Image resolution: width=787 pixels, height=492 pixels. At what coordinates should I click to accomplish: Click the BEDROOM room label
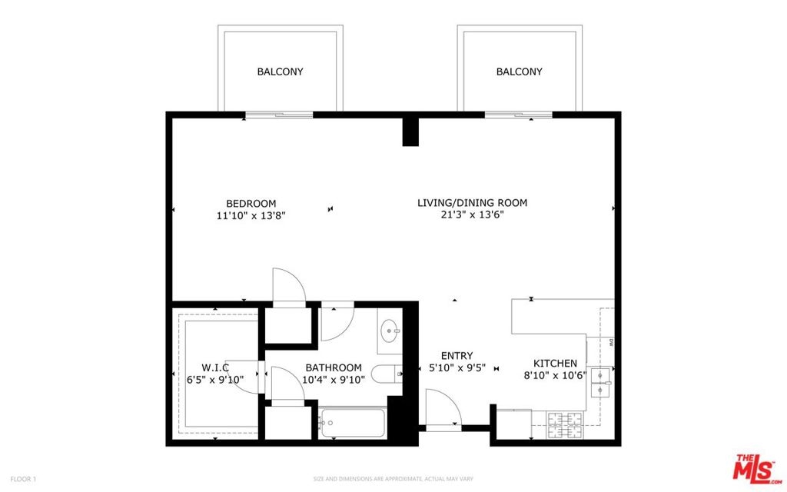251,203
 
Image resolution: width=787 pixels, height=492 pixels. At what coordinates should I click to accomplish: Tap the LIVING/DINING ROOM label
473,203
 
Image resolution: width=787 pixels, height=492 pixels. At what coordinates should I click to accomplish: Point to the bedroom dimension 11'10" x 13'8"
251,216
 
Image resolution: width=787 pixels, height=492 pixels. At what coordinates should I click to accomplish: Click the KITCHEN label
555,364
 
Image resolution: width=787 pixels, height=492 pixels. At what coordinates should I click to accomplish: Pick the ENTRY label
457,355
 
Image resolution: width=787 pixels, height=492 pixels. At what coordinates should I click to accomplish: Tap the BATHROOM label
334,367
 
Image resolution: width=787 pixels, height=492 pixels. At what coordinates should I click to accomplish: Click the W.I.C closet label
215,367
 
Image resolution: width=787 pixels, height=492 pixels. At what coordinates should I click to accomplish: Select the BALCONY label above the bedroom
280,71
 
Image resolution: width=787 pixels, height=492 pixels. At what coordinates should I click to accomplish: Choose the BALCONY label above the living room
520,71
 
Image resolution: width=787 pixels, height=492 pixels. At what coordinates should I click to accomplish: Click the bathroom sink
390,331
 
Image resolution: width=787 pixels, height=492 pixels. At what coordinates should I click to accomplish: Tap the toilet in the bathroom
387,374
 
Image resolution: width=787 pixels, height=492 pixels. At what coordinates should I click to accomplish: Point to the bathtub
353,423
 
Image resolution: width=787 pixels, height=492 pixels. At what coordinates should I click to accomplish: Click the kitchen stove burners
565,424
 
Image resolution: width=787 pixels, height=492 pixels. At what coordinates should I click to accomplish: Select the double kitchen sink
600,383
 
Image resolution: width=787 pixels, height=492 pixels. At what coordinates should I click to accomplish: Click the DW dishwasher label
611,343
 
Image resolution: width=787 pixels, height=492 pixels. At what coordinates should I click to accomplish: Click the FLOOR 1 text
24,479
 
